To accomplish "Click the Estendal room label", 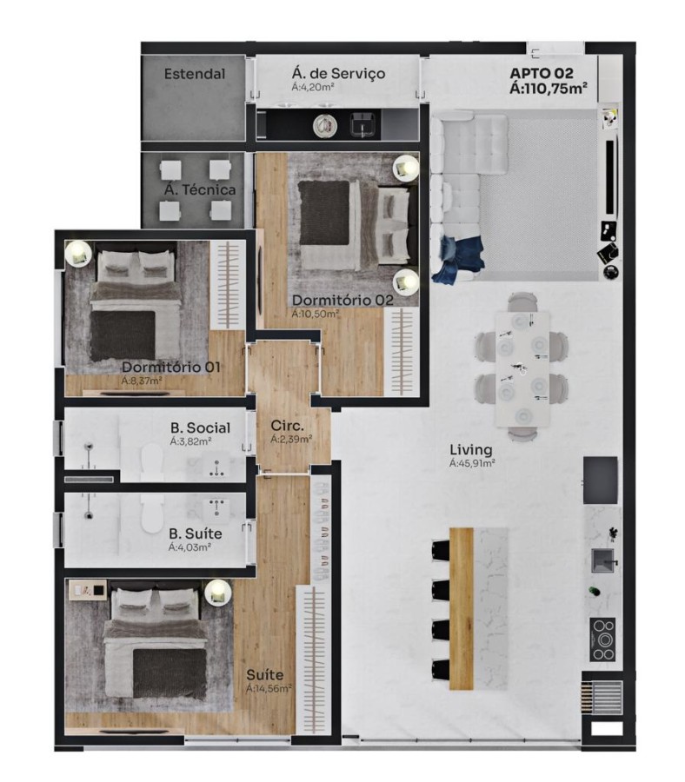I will tap(195, 74).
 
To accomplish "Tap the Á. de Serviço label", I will tap(338, 73).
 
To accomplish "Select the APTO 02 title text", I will tap(542, 72).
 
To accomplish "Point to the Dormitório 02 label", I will tap(342, 300).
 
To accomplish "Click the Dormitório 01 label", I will tap(170, 367).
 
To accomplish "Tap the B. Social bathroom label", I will tap(200, 427).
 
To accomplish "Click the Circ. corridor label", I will tap(287, 427).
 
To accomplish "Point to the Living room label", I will tap(471, 450).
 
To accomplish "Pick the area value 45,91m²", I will tap(473, 464).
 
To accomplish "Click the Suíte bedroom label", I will tap(265, 674).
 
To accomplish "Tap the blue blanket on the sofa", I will tap(458, 258).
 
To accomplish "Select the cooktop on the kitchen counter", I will tap(602, 639).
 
